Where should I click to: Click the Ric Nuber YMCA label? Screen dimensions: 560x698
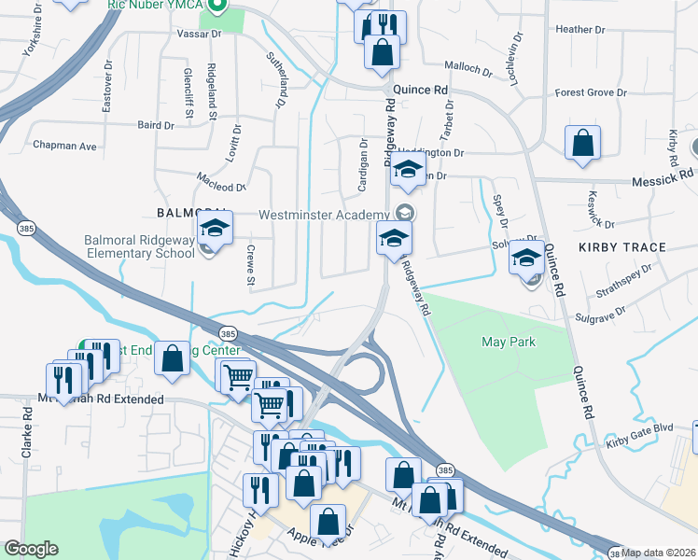tap(155, 5)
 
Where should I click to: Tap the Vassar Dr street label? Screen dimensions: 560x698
tap(199, 33)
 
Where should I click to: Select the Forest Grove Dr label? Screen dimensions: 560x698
tap(590, 92)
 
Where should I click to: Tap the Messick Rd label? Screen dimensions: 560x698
tap(663, 174)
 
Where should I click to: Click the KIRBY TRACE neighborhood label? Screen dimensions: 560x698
tap(621, 247)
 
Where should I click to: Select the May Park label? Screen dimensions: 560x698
tap(509, 342)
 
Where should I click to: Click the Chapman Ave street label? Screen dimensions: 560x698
tap(65, 147)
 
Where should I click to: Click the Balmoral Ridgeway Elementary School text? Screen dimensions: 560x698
tap(138, 245)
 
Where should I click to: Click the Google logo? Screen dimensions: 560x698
tap(32, 549)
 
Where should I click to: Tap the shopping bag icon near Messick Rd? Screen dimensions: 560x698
tap(582, 145)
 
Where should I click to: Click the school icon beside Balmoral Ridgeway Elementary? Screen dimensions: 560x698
tap(214, 228)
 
